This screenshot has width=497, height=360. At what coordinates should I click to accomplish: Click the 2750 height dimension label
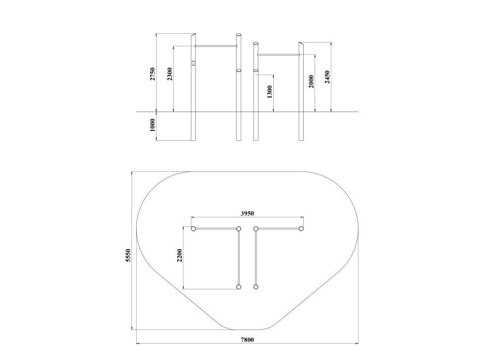pyautogui.click(x=153, y=74)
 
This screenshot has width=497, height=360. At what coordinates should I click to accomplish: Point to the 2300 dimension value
pyautogui.click(x=170, y=74)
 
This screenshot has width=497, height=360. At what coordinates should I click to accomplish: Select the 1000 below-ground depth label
pyautogui.click(x=153, y=125)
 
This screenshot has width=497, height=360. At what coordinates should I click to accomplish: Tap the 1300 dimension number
pyautogui.click(x=270, y=91)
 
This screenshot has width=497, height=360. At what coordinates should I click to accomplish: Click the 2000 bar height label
pyautogui.click(x=311, y=82)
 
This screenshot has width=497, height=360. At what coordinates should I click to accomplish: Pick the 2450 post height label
pyautogui.click(x=328, y=77)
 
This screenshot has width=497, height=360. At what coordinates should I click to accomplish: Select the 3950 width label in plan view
pyautogui.click(x=247, y=213)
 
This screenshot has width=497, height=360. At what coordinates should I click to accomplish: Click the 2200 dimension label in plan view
pyautogui.click(x=180, y=255)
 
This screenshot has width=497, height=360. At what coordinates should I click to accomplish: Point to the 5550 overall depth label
pyautogui.click(x=128, y=255)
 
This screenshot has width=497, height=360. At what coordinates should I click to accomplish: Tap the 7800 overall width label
pyautogui.click(x=247, y=340)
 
